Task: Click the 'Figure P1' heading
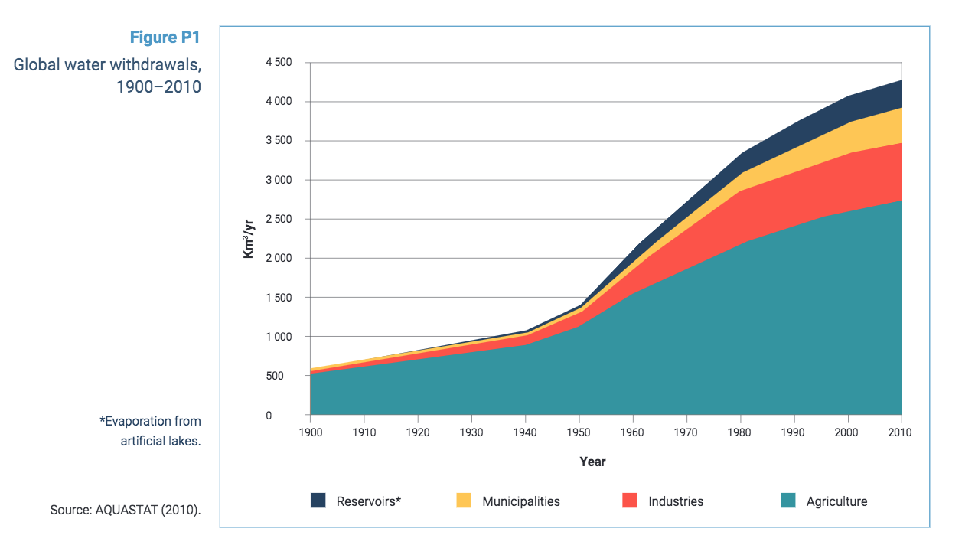165,38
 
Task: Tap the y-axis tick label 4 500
278,63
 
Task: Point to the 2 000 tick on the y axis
278,259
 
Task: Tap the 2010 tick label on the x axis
901,432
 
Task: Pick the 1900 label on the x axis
310,432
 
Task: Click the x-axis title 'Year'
592,462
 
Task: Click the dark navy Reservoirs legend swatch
318,501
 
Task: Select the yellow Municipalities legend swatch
464,501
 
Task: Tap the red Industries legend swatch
630,501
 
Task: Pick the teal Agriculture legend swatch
788,501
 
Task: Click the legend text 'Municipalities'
521,502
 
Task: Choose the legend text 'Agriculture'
836,502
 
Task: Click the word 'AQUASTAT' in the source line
126,510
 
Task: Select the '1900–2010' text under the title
158,86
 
